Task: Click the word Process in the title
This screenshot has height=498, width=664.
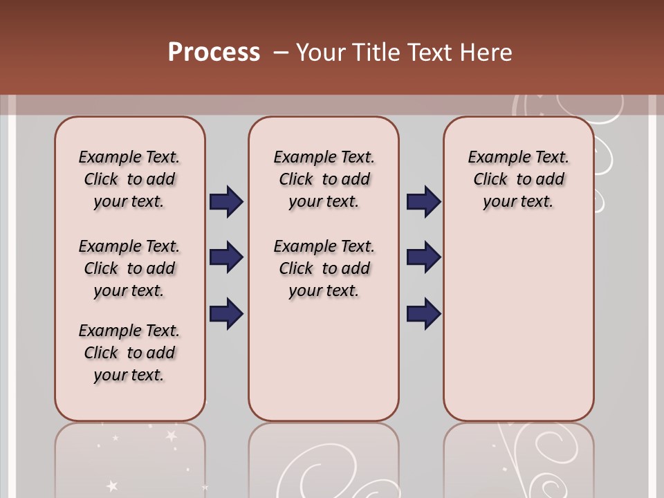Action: (214, 53)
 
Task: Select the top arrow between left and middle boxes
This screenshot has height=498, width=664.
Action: (226, 202)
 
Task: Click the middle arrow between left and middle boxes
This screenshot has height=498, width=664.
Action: (226, 257)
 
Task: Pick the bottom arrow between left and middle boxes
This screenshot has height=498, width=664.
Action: (226, 313)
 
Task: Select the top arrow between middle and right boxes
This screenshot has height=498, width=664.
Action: (423, 202)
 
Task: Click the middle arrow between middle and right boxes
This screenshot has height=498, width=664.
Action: (423, 257)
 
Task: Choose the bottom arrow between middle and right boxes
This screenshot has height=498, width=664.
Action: (423, 313)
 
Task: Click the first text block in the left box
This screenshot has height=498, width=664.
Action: (129, 179)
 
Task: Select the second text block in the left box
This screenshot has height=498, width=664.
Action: (129, 268)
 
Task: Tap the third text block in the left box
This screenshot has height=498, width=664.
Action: (129, 353)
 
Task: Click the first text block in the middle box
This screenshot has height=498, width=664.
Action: (324, 179)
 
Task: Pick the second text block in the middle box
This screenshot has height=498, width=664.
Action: (324, 268)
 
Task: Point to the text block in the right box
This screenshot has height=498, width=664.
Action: (519, 179)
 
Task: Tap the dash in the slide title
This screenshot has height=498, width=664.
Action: (281, 53)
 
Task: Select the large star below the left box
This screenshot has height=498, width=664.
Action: (169, 436)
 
